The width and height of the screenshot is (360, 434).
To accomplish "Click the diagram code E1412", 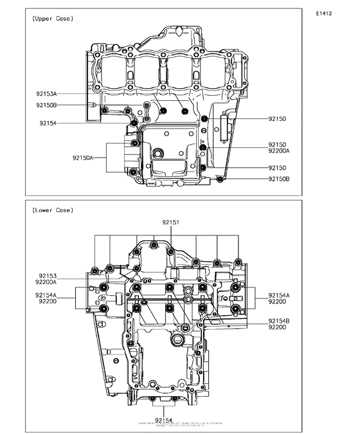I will click(323, 13).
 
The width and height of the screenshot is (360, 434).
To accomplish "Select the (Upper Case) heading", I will click(52, 20).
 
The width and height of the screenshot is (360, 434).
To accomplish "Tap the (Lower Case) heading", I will click(52, 210).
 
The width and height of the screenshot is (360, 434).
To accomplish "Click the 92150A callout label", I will click(83, 158).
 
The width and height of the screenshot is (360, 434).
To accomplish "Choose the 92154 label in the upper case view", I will click(48, 123).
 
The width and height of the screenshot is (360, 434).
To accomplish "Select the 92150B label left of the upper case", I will click(46, 105).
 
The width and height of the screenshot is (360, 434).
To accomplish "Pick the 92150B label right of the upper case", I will click(279, 179).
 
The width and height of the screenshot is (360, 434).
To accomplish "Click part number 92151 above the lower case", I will click(170, 222).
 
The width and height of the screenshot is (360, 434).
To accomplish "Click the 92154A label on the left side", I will click(46, 294).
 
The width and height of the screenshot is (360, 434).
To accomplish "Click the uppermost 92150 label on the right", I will click(277, 119).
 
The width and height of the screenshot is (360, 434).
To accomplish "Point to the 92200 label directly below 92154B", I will click(277, 327).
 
